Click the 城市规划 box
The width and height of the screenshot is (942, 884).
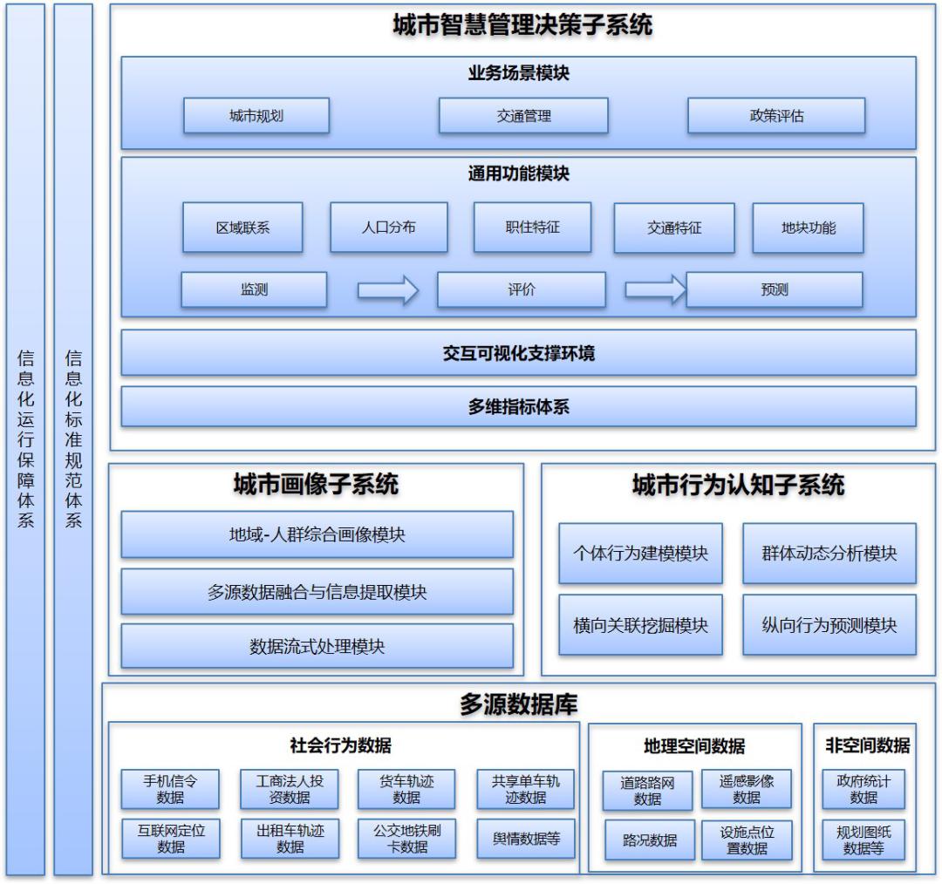(x=256, y=116)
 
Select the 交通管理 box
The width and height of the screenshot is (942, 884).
(x=523, y=116)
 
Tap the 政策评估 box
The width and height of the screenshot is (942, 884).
(x=776, y=116)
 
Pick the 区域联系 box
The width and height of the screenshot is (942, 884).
(x=242, y=228)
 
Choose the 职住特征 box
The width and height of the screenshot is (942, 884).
(x=532, y=227)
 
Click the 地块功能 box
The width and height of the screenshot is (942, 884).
(x=808, y=228)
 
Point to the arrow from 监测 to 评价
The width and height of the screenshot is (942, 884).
(x=388, y=290)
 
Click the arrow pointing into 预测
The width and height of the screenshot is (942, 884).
(x=655, y=289)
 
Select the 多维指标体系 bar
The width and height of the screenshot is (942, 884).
(x=518, y=406)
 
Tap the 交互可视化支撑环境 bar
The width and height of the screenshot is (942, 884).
(x=518, y=353)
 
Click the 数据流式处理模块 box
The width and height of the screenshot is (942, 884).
(x=317, y=646)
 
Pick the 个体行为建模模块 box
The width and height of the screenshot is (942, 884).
(x=640, y=554)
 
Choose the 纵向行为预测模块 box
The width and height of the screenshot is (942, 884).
(x=829, y=625)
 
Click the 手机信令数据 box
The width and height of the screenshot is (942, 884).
(x=170, y=789)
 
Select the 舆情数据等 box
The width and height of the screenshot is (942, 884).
(x=526, y=839)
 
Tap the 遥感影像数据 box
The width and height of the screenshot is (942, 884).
(x=747, y=790)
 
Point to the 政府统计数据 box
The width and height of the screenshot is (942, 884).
(x=863, y=789)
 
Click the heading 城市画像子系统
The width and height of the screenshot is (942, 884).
(x=316, y=485)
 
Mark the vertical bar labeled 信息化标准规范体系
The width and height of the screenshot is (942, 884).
(x=73, y=439)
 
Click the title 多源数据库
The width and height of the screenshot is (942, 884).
(x=518, y=704)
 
